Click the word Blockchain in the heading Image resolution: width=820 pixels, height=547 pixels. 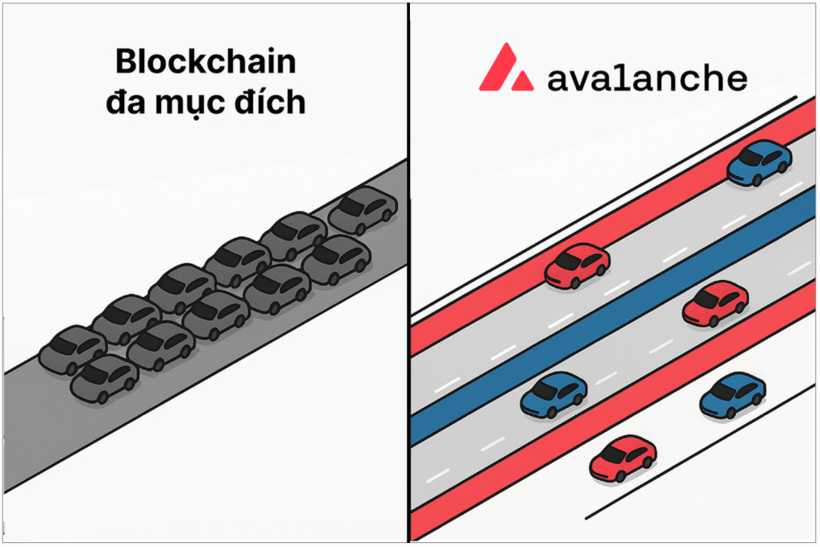[x=205, y=63]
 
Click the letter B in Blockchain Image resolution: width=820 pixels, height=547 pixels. [x=126, y=63]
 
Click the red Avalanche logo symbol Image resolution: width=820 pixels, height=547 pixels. [x=506, y=68]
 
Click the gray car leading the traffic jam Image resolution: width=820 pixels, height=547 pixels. [x=362, y=208]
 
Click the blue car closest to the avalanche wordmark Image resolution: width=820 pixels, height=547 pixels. [x=759, y=162]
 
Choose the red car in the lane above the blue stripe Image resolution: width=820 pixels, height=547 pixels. [x=577, y=266]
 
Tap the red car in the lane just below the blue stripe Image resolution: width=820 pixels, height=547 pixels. [x=714, y=303]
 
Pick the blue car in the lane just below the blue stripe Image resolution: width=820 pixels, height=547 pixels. [x=553, y=395]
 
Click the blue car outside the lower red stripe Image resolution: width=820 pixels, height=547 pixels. [x=731, y=395]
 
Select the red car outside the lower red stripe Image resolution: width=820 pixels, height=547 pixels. [x=622, y=458]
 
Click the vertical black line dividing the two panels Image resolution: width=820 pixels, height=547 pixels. [x=408, y=273]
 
